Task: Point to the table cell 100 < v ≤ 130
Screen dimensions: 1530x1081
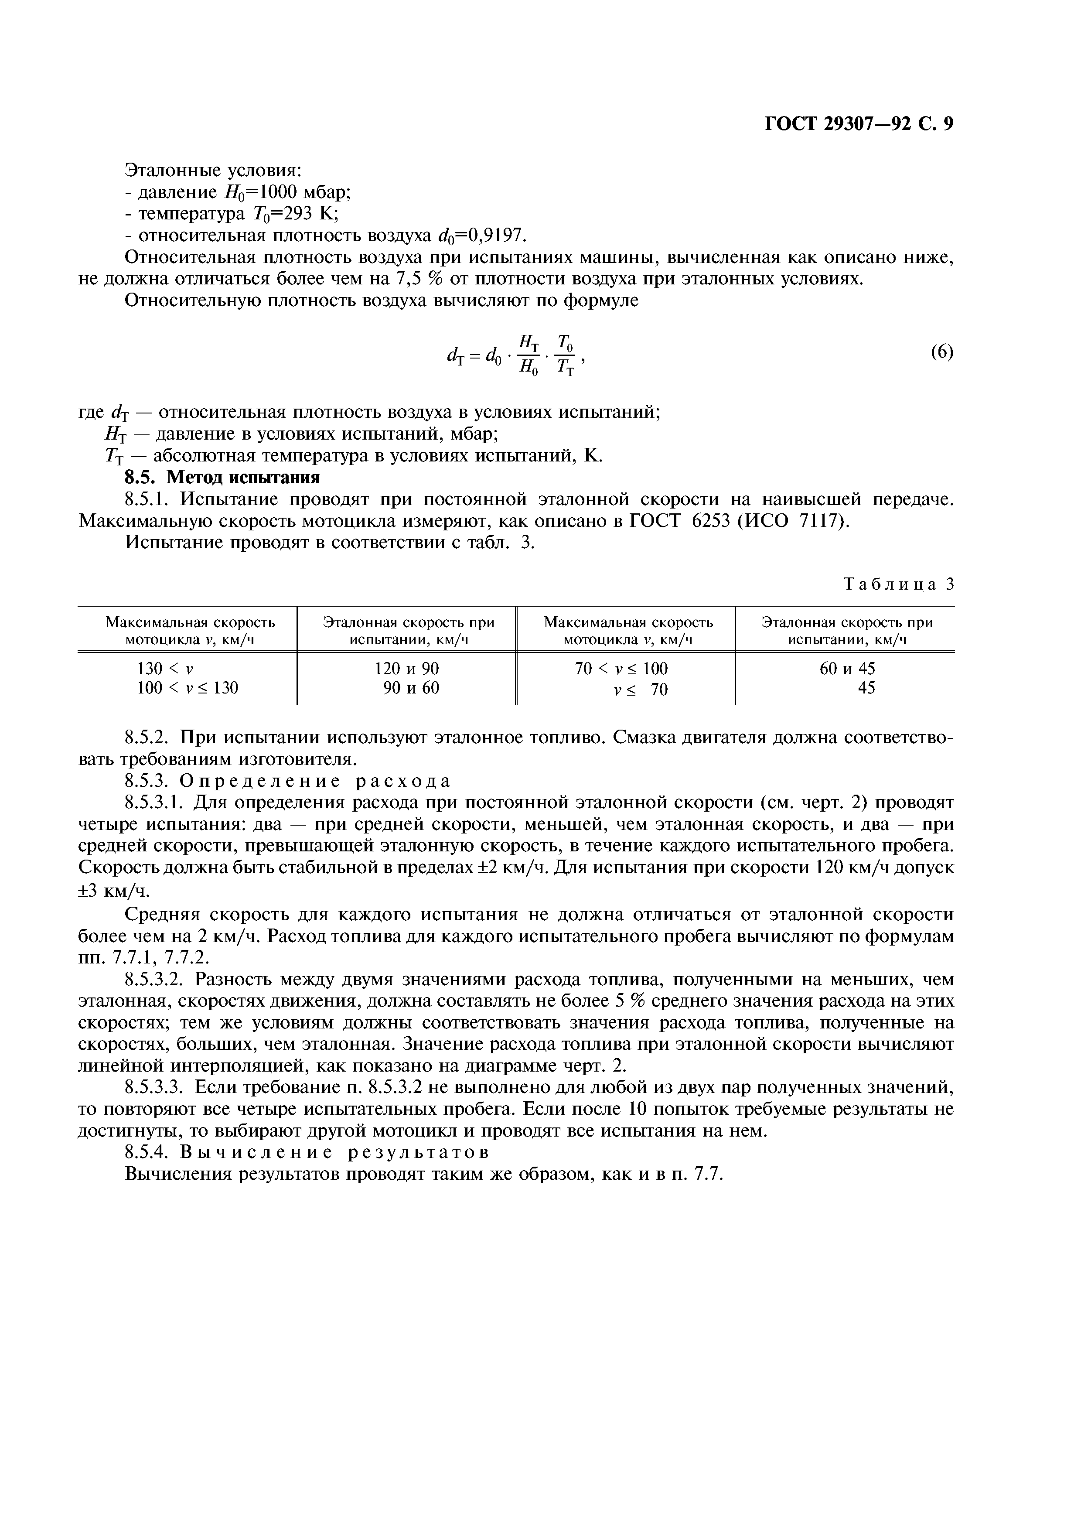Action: pyautogui.click(x=187, y=688)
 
